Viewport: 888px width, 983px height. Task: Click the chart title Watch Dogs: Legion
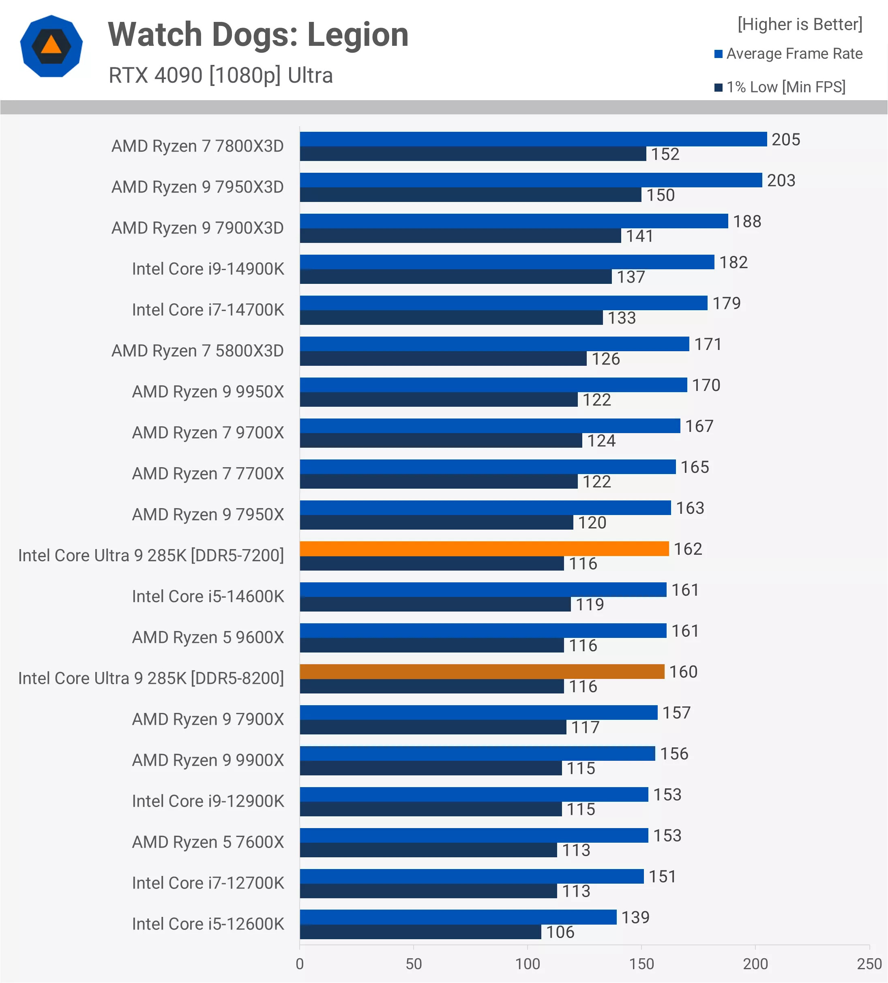pos(258,35)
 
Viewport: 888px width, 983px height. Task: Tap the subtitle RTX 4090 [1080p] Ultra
pos(221,75)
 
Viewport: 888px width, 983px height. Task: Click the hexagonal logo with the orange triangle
pos(51,46)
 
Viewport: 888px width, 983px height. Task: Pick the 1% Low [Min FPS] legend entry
pos(780,87)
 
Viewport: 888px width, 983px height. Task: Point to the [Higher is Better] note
pos(800,24)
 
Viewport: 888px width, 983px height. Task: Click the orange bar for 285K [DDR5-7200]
pos(484,549)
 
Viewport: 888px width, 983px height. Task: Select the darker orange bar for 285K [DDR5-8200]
pos(482,672)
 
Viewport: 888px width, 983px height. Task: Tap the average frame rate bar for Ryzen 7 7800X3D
pos(533,139)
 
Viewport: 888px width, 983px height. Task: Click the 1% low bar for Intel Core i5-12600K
pos(420,932)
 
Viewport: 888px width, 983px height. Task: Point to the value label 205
pos(785,140)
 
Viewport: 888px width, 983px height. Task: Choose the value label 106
pos(560,932)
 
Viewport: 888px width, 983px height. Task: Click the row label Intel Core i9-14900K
pos(208,269)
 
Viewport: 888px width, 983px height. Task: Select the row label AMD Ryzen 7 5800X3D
pos(197,351)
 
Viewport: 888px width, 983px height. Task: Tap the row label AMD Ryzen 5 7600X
pos(208,842)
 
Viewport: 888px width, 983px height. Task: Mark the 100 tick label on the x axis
pos(528,964)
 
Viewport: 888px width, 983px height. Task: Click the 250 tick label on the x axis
pos(869,964)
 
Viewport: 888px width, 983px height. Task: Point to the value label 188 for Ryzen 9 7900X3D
pos(747,221)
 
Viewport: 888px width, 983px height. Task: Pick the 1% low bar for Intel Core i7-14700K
pos(451,318)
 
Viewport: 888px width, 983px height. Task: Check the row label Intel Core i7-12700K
pos(208,883)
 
